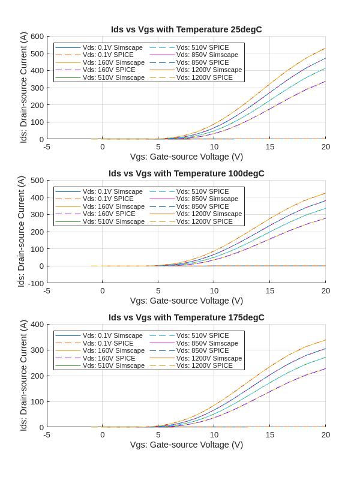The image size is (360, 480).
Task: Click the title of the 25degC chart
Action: click(187, 29)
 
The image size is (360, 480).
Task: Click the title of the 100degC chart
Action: click(187, 173)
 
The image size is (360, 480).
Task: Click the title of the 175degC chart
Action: click(187, 317)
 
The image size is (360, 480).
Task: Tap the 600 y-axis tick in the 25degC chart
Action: click(37, 36)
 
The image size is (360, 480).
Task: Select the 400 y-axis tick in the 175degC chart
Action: click(37, 324)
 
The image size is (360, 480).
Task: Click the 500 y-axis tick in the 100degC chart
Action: click(37, 180)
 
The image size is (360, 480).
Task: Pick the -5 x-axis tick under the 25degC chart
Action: click(47, 146)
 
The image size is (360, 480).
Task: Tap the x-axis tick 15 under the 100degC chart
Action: click(270, 290)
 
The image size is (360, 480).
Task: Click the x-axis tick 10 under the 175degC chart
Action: click(214, 434)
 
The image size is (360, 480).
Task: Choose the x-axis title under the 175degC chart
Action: click(187, 445)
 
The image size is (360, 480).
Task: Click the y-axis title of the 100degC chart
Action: click(21, 232)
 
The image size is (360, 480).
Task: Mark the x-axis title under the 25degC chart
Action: click(187, 157)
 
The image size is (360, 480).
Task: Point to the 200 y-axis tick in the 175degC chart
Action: click(37, 376)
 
